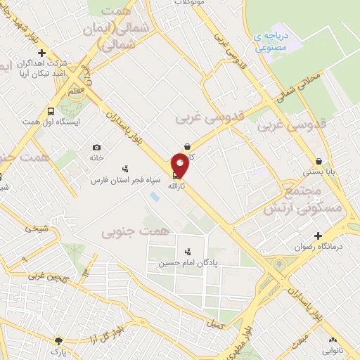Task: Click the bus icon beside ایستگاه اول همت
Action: click(51, 111)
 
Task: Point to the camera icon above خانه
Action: click(96, 148)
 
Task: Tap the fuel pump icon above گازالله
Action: click(175, 176)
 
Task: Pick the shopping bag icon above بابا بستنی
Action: click(319, 160)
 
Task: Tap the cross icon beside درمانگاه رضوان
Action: click(319, 235)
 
